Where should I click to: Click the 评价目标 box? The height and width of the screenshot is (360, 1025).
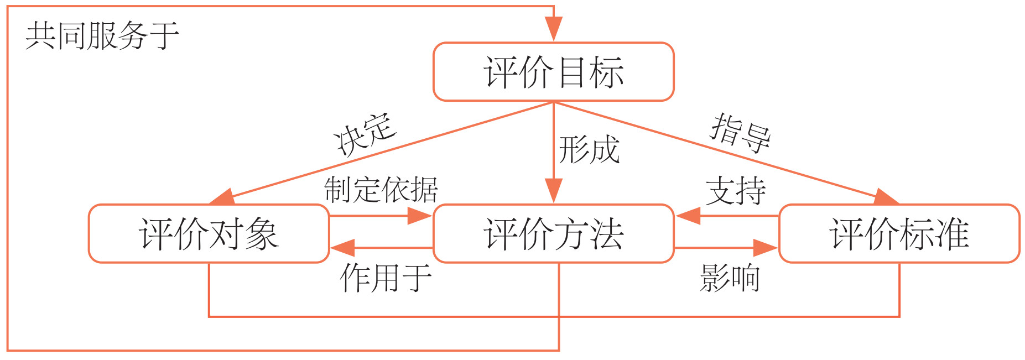553,72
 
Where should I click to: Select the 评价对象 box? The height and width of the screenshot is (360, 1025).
209,233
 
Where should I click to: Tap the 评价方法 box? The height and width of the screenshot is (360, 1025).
553,233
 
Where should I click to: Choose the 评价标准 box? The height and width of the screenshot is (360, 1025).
899,233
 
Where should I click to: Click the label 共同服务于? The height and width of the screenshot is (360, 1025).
102,36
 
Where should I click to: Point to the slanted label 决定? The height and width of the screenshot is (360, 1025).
365,134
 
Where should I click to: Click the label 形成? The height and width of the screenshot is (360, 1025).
589,150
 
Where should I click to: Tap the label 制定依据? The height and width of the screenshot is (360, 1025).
381,190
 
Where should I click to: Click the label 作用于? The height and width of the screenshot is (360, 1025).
386,278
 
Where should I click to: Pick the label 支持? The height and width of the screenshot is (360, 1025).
736,191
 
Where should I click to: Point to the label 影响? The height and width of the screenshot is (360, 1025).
730,278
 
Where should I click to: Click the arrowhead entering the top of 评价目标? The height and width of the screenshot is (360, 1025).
553,30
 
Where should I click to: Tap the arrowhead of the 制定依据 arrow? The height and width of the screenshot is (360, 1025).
420,216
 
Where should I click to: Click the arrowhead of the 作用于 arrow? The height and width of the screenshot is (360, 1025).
342,248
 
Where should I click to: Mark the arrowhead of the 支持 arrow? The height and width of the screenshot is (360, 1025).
688,216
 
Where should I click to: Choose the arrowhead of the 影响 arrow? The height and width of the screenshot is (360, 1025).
767,248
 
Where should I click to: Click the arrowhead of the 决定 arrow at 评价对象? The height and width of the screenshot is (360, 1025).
221,198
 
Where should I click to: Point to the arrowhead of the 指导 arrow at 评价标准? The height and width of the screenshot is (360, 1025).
886,198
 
